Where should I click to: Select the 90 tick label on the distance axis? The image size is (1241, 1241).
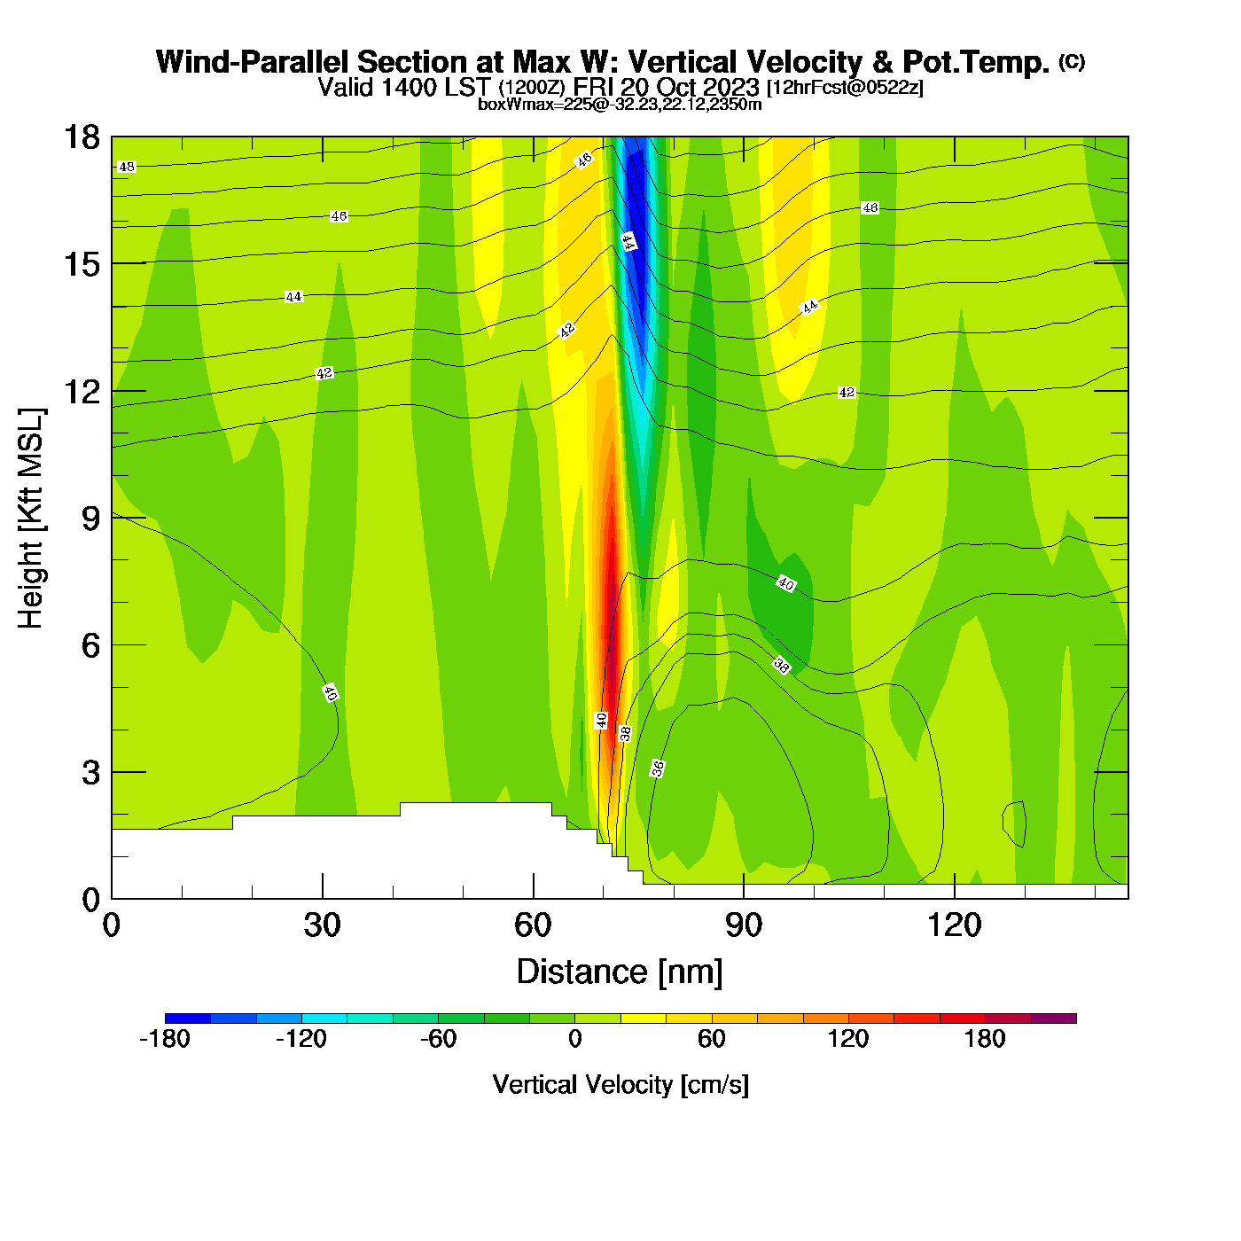[x=743, y=925]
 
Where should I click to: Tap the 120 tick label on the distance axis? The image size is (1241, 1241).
[x=954, y=925]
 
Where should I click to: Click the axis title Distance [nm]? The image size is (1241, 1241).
[x=620, y=972]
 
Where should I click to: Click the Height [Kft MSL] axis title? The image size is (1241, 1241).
[x=31, y=519]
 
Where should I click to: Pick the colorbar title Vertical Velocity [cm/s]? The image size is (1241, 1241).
[x=620, y=1084]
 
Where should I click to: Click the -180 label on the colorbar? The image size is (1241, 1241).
[x=165, y=1039]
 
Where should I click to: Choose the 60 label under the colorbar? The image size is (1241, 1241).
[x=712, y=1039]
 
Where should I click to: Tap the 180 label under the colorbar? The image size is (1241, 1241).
[x=985, y=1039]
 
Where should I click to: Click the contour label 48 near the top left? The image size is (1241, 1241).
[x=127, y=167]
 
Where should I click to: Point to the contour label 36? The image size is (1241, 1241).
[x=658, y=769]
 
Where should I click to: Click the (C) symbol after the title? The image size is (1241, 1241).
[x=1072, y=61]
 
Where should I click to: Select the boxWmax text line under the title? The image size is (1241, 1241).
[x=620, y=104]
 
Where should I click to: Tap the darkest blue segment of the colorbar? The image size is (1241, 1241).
[x=188, y=1019]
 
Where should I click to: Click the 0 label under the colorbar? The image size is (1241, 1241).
[x=575, y=1039]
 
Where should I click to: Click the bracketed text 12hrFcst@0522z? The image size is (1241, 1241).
[x=845, y=87]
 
